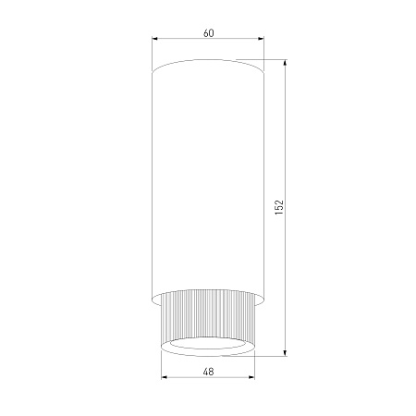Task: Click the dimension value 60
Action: coord(209,33)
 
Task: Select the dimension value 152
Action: coord(279,207)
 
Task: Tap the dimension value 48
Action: coord(209,372)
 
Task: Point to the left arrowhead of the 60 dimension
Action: coord(155,39)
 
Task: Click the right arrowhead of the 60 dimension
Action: coord(261,39)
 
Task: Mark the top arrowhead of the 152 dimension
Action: coord(285,62)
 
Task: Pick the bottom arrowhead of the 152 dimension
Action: coord(285,353)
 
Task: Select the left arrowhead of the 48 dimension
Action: coord(165,377)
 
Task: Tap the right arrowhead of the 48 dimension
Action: coord(251,377)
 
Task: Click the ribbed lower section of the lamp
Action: coord(208,317)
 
